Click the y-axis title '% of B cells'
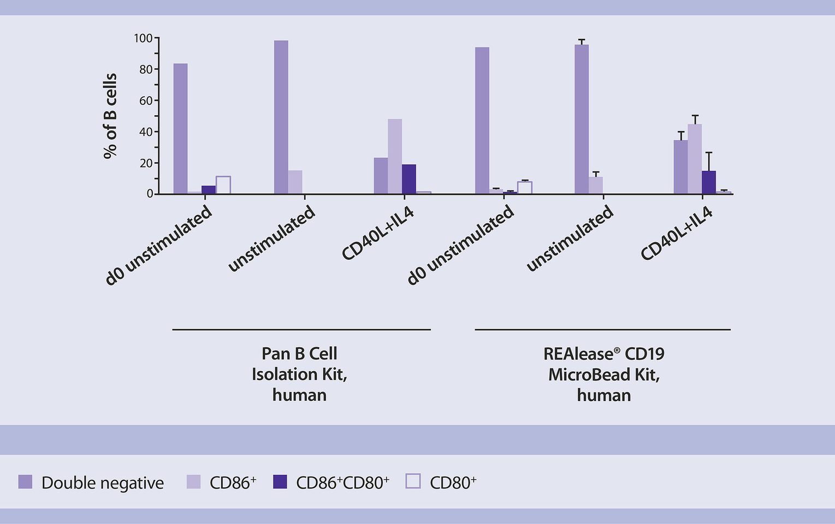tap(110, 116)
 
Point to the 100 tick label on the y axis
tap(143, 38)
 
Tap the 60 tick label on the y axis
tap(146, 100)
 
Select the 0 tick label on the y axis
tap(150, 194)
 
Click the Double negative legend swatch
tap(25, 482)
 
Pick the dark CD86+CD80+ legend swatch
tap(280, 482)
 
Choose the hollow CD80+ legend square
tap(413, 481)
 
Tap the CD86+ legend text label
tap(233, 483)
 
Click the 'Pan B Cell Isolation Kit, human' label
tap(299, 374)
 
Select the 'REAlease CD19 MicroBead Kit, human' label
tap(603, 374)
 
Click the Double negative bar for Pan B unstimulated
tap(281, 117)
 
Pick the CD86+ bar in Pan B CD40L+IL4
tap(395, 157)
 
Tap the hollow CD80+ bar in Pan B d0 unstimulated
tap(223, 185)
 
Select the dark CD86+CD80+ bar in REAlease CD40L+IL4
tap(708, 182)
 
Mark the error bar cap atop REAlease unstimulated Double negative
tap(582, 40)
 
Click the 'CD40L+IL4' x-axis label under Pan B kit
tap(378, 233)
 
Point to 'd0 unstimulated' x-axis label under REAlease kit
tap(460, 245)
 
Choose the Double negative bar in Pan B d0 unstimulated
tap(180, 129)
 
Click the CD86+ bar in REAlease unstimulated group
tap(596, 185)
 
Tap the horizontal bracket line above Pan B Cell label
tap(301, 330)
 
